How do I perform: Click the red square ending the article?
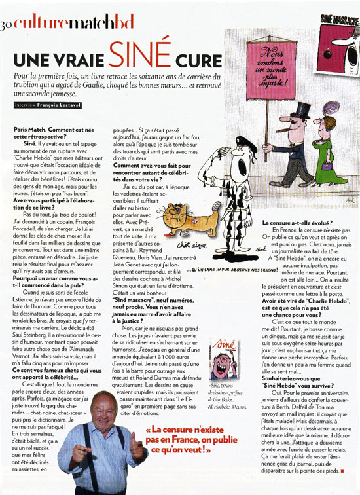tap(342, 469)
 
